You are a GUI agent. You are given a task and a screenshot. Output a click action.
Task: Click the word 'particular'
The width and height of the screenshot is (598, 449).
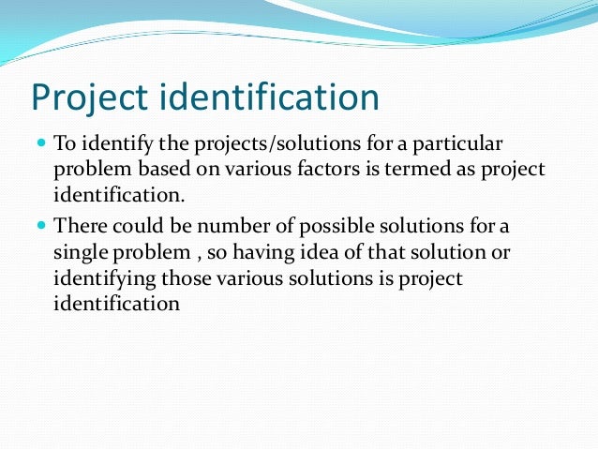pyautogui.click(x=463, y=145)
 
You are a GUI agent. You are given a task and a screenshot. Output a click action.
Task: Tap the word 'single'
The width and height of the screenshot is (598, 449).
pyautogui.click(x=81, y=254)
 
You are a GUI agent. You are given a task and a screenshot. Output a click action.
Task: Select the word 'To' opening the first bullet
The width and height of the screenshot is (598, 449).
pyautogui.click(x=65, y=145)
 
